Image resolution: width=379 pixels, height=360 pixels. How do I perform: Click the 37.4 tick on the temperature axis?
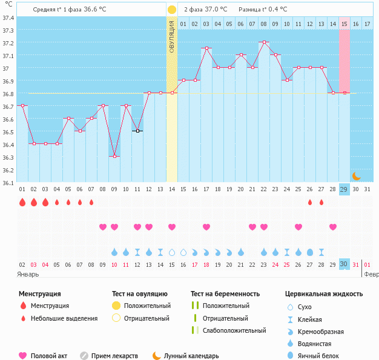coord(8,18)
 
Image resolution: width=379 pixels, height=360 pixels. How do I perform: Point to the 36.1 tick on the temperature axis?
coord(8,182)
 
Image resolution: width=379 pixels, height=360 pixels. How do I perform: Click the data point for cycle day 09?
coord(114,156)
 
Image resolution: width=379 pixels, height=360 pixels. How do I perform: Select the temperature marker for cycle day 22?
coord(263,42)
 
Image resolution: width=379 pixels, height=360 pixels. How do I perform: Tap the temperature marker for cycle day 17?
coord(206,48)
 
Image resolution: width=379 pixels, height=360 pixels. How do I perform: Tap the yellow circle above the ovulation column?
coord(172,10)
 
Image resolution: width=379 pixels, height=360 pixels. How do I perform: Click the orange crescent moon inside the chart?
coord(357,176)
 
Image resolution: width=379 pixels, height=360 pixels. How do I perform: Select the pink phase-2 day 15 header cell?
coord(344,24)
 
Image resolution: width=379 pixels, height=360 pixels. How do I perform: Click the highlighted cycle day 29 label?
coord(344,190)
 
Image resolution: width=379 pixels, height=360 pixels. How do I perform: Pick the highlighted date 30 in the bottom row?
coord(344,264)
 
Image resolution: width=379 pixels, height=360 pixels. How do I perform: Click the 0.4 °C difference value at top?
coord(276,10)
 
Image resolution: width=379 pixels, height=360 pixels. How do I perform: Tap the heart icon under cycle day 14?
coord(172,227)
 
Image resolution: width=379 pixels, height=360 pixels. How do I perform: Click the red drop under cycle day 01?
coord(22,202)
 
